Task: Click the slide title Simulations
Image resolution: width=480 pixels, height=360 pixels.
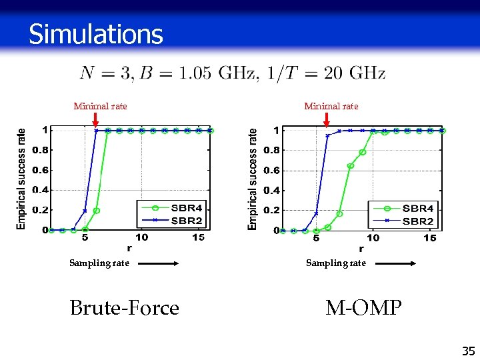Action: click(x=95, y=34)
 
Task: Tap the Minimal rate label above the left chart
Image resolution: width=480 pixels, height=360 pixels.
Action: click(x=100, y=106)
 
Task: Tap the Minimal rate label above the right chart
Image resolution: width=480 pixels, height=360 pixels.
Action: click(x=331, y=106)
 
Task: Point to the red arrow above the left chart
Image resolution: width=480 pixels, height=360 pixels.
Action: click(x=95, y=119)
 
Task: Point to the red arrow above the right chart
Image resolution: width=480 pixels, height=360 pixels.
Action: click(x=327, y=119)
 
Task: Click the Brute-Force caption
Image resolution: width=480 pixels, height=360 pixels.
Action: click(x=125, y=308)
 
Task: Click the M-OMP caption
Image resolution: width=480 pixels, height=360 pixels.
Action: click(x=363, y=308)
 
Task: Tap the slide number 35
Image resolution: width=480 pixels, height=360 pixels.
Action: click(x=468, y=351)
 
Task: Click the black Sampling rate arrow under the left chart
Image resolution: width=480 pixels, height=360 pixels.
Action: click(x=159, y=263)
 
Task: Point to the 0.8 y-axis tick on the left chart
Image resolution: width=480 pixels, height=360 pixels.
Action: click(x=40, y=150)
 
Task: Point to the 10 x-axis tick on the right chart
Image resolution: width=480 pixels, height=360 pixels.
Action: click(x=373, y=238)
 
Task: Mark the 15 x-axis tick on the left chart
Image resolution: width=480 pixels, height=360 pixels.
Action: click(x=199, y=237)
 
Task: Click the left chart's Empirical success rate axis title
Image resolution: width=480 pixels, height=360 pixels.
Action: click(x=22, y=179)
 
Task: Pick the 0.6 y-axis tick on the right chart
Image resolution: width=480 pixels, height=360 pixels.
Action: click(x=271, y=171)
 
